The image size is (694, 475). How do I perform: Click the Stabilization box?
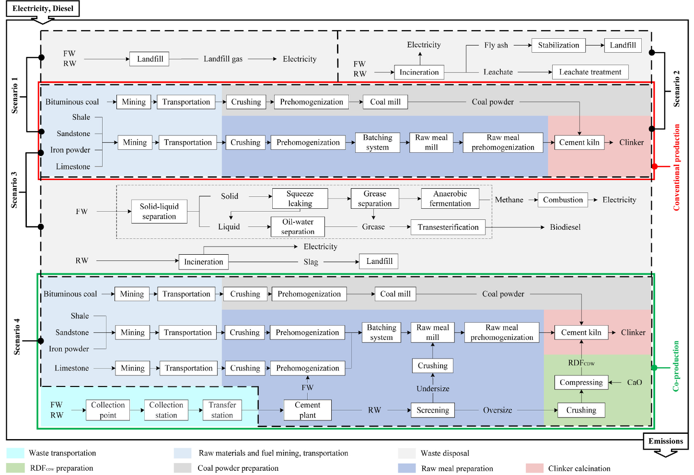coord(558,45)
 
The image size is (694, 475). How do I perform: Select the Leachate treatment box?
coord(590,72)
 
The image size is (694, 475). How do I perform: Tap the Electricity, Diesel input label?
coord(43,9)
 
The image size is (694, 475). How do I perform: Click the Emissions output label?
coord(665,441)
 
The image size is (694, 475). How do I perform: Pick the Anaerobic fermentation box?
coord(450,199)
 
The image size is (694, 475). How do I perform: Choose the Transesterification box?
coord(448,227)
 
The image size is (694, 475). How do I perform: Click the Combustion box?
coord(563,200)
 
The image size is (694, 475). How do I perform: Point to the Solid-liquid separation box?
coord(159,212)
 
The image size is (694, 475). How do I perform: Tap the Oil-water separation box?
coord(298,227)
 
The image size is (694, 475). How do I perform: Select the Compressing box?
coord(581,383)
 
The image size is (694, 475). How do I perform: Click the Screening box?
coord(432,410)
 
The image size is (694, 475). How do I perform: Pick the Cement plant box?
coord(307,410)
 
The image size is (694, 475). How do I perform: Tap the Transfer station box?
coord(222,410)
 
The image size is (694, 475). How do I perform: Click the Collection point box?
coord(108,410)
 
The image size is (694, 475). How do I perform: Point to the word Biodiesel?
coord(565,227)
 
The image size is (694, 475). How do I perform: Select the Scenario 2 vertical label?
coord(676,89)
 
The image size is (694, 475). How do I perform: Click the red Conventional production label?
coord(676,168)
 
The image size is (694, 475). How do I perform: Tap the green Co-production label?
coord(676,366)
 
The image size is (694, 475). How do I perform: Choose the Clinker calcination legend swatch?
coord(534,468)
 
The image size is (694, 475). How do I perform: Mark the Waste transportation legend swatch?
coord(15,453)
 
